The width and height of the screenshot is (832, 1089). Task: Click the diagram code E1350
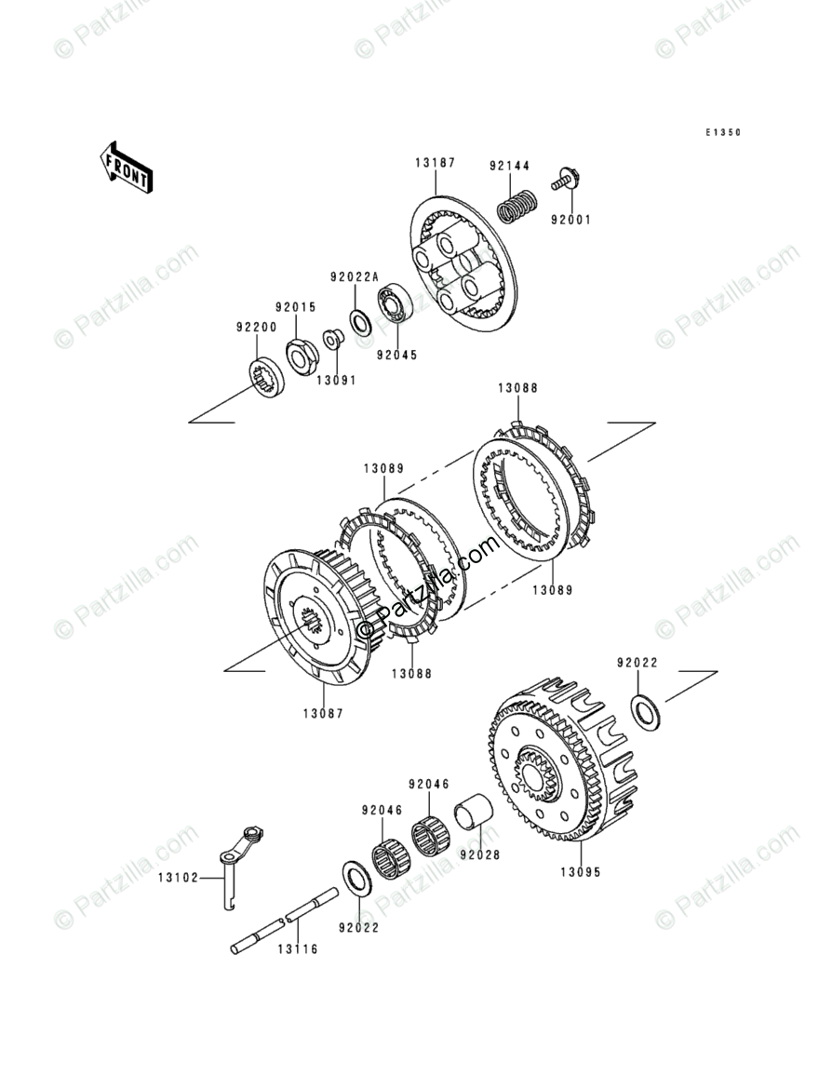(722, 133)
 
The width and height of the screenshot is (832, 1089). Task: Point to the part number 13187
(435, 163)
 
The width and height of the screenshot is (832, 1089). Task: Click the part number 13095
(580, 873)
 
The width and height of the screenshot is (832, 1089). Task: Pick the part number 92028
(479, 852)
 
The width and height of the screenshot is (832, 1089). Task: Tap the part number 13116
(297, 949)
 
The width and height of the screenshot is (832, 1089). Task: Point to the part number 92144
(509, 166)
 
